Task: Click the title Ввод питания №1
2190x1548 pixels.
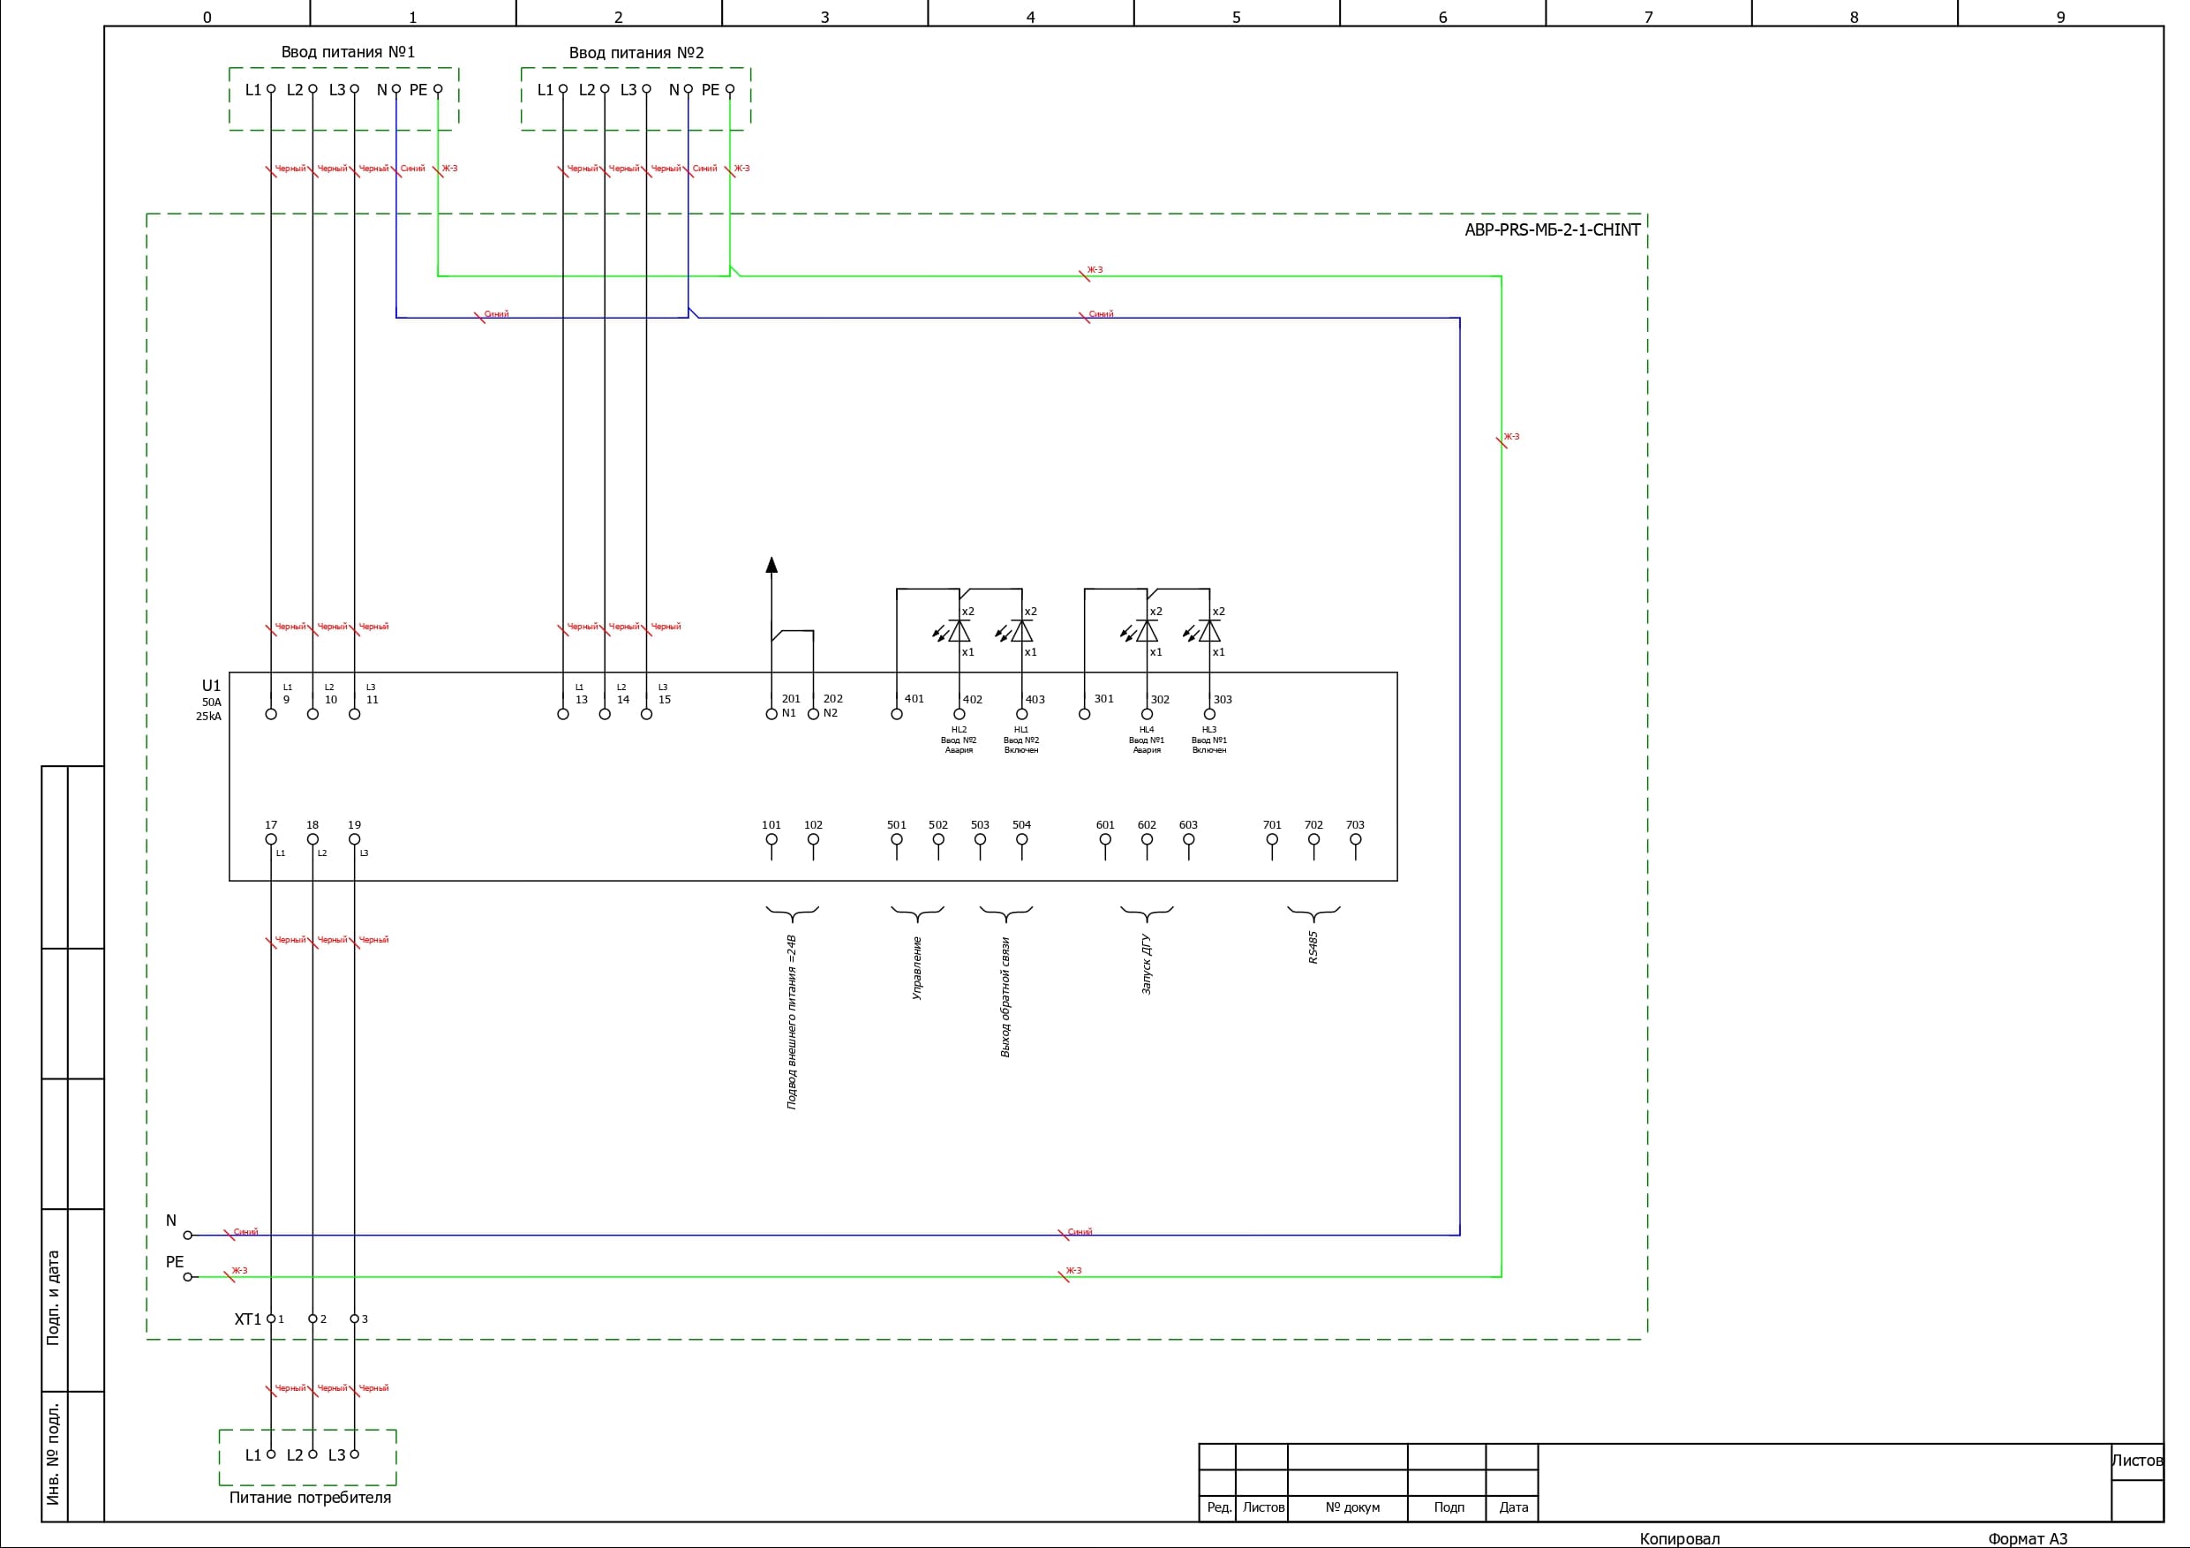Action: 348,52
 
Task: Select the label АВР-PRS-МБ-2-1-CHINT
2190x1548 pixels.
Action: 1552,229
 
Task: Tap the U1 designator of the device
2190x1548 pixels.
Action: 211,686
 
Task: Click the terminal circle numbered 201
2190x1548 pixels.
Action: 771,714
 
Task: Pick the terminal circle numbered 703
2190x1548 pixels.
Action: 1355,840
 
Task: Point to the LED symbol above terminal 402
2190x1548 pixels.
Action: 959,631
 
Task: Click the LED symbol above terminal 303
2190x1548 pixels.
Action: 1208,631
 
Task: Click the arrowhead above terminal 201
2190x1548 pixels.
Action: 771,565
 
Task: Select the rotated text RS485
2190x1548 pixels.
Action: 1313,948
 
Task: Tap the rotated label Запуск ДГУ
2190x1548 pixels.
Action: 1147,965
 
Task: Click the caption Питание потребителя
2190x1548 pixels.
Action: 310,1498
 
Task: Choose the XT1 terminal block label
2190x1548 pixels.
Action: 247,1319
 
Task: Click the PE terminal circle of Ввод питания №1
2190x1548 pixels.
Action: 438,90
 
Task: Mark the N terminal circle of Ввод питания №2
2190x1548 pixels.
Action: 689,90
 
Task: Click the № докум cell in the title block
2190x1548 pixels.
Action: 1352,1508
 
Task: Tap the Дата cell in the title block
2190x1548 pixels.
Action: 1513,1508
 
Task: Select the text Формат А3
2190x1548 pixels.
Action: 2027,1538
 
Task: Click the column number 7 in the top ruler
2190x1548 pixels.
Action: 1648,17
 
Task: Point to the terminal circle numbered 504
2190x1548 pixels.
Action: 1021,840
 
